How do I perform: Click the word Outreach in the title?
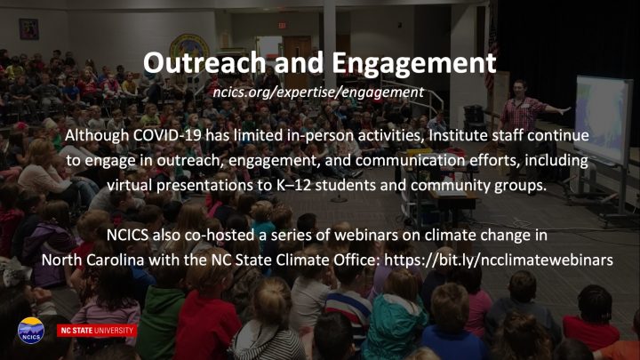pos(204,63)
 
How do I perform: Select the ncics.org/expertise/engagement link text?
pos(318,92)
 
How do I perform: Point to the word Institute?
pos(458,135)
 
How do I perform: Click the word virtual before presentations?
pos(130,185)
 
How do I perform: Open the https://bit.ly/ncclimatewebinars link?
pos(499,260)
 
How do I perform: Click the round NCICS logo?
pos(30,331)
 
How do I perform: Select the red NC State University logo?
pos(97,331)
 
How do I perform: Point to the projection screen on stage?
pos(603,119)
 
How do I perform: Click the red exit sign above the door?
pos(282,25)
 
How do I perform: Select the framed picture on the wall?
pos(28,29)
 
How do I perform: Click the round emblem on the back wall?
pos(189,47)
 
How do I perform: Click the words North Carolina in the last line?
pos(92,260)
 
